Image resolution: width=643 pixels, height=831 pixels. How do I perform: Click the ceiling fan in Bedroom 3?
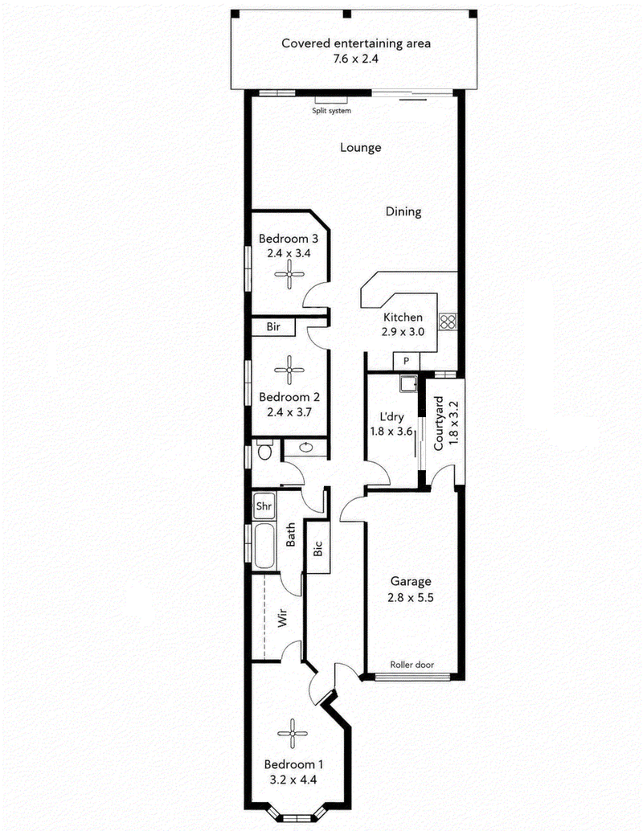[289, 274]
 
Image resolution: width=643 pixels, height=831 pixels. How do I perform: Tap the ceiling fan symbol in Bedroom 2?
[289, 370]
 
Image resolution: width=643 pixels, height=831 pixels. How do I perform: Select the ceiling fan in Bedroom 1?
[292, 734]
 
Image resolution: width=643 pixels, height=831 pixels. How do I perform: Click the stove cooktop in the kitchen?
[448, 321]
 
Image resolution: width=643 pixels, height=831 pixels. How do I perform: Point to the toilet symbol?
[264, 450]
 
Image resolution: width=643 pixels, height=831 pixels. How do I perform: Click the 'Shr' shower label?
[264, 506]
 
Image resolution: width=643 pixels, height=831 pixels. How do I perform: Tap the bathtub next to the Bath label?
[264, 546]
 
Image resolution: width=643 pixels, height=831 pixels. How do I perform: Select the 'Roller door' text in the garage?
[412, 665]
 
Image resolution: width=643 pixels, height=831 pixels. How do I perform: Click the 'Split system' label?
[331, 111]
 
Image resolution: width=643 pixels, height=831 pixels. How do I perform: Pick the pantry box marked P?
[406, 362]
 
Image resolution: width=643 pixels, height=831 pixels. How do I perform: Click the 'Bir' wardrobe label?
[273, 327]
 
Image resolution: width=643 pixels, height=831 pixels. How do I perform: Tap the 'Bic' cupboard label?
[318, 548]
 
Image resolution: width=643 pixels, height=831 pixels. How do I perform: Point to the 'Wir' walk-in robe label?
[283, 618]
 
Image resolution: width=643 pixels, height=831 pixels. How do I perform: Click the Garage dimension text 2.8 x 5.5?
[410, 598]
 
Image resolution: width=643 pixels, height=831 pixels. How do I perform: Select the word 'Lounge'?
[360, 147]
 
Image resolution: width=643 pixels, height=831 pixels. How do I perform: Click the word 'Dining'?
[403, 211]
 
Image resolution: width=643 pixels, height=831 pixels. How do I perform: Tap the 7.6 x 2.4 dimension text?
[356, 59]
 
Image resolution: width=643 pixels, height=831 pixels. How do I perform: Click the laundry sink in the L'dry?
[408, 383]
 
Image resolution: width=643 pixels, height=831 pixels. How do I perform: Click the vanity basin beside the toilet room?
[306, 448]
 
